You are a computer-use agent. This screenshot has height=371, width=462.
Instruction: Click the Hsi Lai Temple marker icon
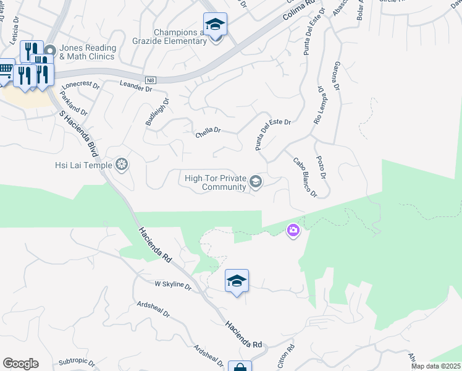point(122,164)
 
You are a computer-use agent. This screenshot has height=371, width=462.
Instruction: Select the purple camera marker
point(293,231)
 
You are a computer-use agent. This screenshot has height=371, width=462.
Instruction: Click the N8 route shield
point(151,80)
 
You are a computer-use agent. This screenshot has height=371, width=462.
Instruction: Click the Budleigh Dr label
point(157,112)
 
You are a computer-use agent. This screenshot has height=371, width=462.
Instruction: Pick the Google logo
point(20,364)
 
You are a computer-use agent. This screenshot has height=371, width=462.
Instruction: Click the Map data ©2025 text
point(435,366)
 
